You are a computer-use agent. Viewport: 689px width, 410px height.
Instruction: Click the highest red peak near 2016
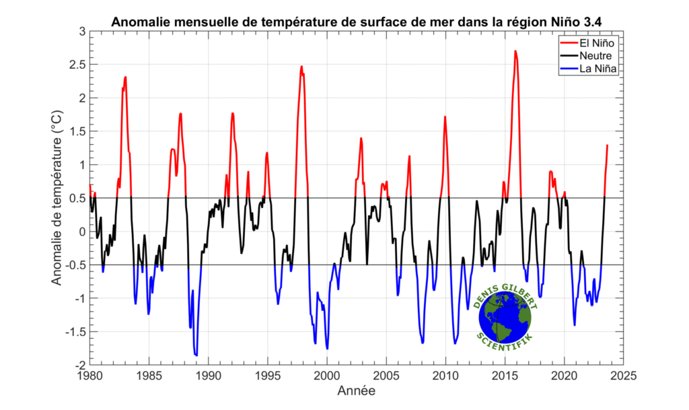pos(515,51)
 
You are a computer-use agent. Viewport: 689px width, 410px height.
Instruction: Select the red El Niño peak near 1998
pos(301,67)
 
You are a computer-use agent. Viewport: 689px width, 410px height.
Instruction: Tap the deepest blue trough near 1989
pos(196,355)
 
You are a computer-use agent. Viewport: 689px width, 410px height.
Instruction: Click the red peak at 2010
pos(445,117)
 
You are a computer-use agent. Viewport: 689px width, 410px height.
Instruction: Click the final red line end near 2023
pos(607,145)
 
